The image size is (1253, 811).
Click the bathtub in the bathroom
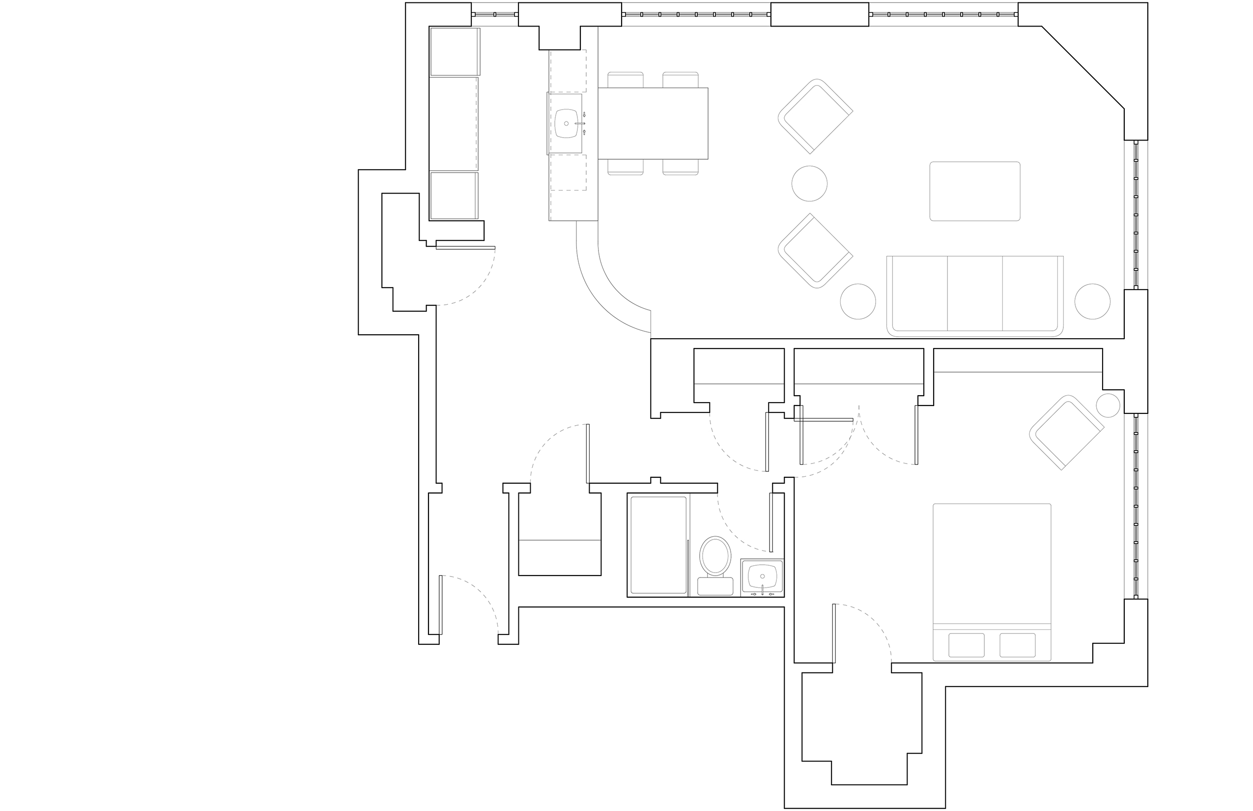[x=658, y=545]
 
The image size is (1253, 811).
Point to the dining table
[x=653, y=123]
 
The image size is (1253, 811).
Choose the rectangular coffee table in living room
[x=974, y=191]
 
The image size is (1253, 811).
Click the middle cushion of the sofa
[x=974, y=293]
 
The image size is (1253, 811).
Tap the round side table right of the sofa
[x=1092, y=302]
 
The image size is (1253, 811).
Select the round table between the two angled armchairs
[x=809, y=184]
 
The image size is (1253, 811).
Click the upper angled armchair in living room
[x=813, y=116]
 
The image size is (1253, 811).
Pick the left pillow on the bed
[x=966, y=644]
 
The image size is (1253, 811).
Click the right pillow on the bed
[x=1017, y=644]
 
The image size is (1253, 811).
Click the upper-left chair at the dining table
[x=626, y=80]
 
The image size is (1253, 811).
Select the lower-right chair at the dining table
[x=680, y=167]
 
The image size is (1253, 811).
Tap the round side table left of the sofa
[x=857, y=302]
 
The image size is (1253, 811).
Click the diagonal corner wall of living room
[x=1083, y=67]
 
